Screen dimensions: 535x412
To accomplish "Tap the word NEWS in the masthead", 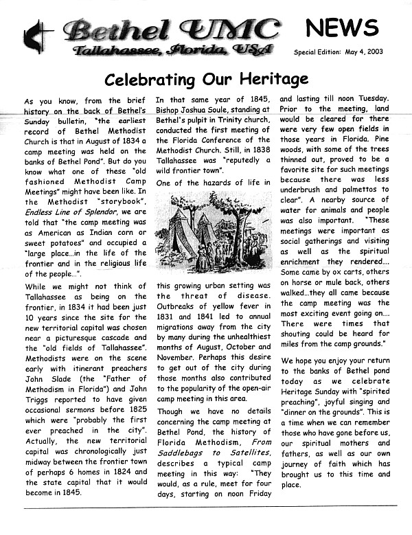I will (341, 28).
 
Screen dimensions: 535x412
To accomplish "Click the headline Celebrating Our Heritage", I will (206, 80).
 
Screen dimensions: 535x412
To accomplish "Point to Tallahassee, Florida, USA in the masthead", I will (173, 49).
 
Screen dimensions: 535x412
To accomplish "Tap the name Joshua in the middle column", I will (200, 112).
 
